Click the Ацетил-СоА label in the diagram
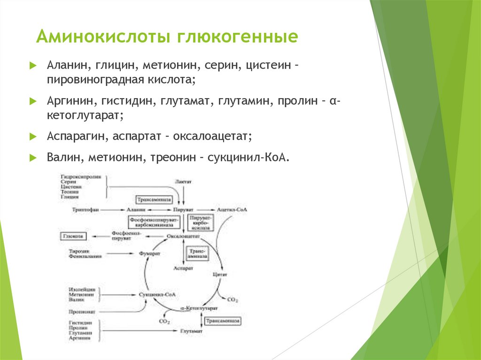232,209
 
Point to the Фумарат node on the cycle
150,253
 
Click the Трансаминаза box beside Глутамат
223,321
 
